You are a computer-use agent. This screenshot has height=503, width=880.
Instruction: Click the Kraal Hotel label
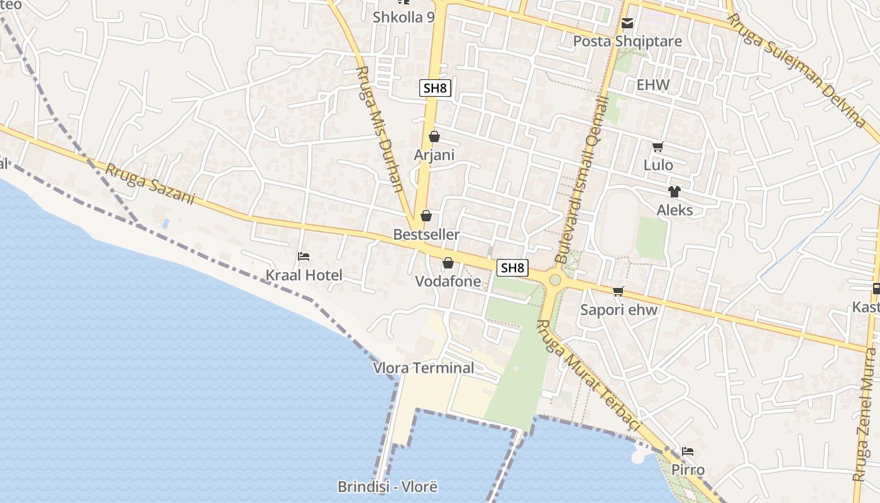304,275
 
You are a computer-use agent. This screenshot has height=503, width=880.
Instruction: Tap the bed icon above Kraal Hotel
304,257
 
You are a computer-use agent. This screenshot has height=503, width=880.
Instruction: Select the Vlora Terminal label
424,368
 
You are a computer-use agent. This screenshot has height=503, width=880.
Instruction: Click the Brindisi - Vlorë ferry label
387,487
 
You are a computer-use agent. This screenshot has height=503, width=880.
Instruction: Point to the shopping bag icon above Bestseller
426,216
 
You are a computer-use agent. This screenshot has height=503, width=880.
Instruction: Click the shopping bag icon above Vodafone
448,263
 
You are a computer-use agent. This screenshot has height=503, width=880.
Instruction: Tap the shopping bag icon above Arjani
434,136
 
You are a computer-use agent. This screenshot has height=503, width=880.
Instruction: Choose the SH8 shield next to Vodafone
512,268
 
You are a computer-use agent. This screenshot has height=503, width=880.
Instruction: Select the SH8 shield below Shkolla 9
435,88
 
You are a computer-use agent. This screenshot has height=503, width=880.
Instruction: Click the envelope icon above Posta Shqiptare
627,24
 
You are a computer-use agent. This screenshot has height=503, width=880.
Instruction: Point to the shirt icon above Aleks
674,192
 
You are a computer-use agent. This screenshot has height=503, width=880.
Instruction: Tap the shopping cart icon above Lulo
658,147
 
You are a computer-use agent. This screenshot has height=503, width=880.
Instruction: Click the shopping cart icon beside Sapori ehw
619,290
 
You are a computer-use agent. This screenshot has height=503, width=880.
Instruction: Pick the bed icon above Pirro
688,451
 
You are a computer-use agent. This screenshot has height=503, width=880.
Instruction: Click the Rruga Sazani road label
150,184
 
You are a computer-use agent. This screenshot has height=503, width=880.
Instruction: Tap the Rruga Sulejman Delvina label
796,69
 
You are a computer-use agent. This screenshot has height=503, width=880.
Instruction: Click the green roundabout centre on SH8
554,280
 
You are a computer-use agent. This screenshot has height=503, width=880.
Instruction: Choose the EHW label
653,85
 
